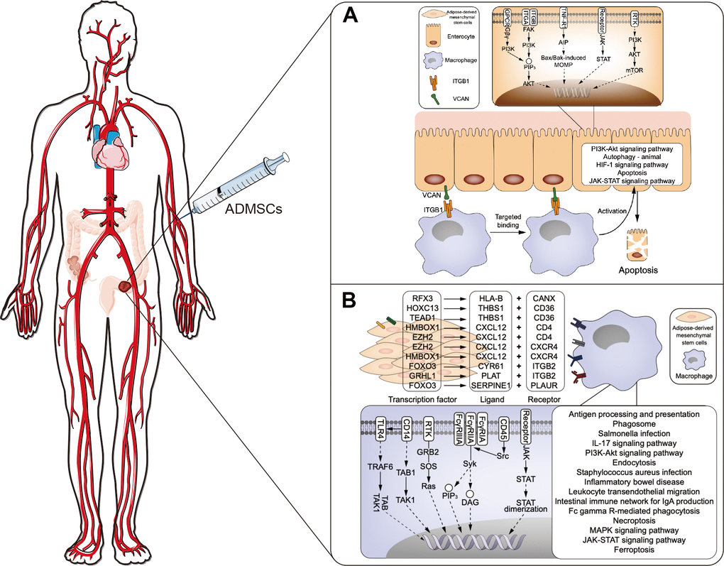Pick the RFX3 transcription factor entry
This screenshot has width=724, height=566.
(x=424, y=298)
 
